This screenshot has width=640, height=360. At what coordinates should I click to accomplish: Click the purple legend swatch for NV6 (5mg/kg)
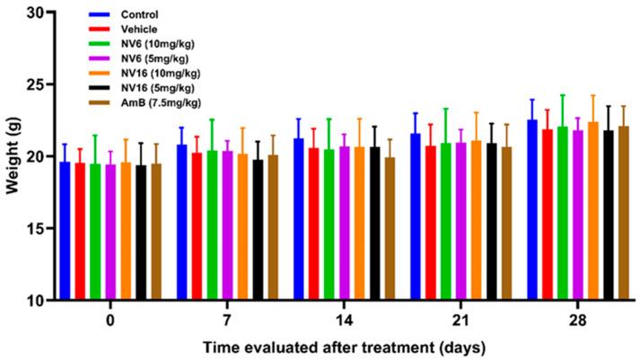pos(100,59)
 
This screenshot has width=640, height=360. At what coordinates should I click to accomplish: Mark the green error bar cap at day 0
pos(94,136)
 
